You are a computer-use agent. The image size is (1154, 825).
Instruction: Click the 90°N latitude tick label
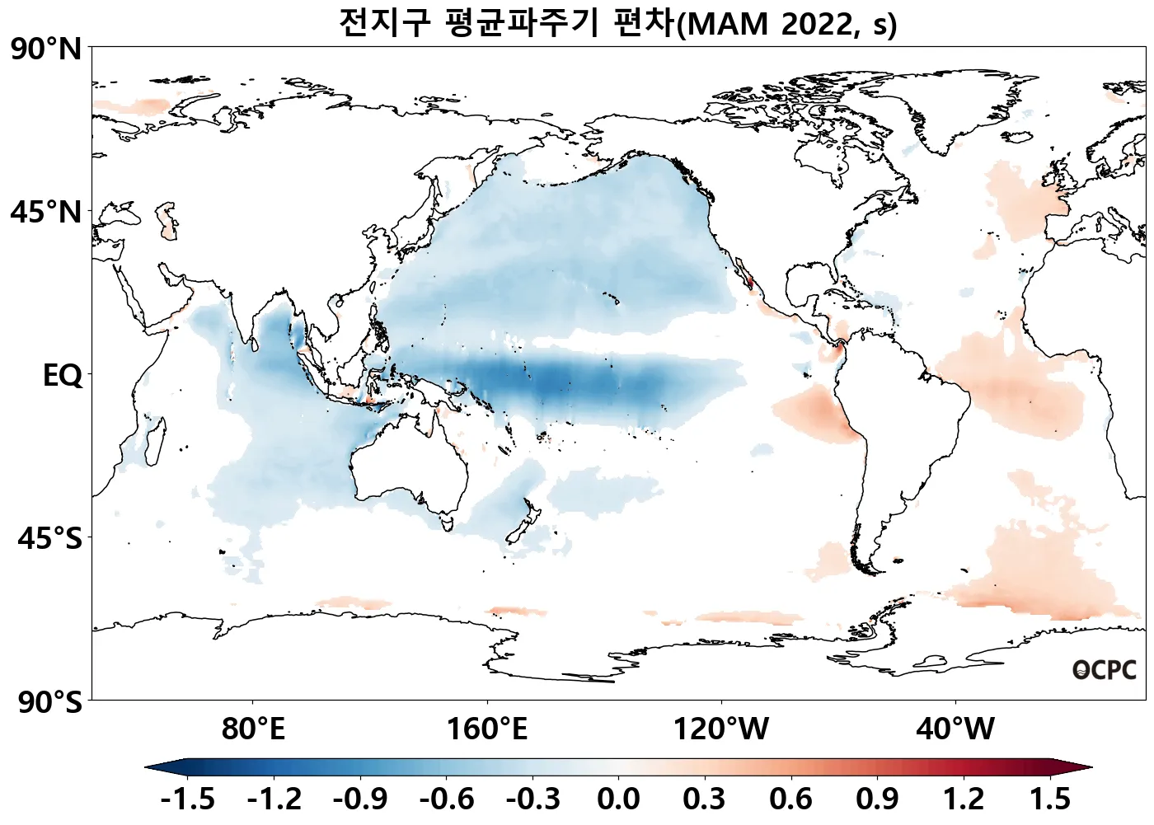click(47, 49)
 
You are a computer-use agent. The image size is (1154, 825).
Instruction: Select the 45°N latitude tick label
click(47, 213)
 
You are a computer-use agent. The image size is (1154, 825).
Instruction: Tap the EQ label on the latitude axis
click(63, 376)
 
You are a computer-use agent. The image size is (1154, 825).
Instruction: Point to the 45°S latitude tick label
click(50, 539)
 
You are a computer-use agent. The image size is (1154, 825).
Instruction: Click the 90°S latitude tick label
click(50, 703)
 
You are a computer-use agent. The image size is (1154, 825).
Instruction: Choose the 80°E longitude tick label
click(253, 729)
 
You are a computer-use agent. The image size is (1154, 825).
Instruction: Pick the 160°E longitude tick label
click(487, 729)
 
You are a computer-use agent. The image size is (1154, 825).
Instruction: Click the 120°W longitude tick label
click(721, 729)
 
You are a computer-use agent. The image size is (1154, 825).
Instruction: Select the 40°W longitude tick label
click(955, 729)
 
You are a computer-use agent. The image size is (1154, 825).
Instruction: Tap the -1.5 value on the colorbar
click(187, 799)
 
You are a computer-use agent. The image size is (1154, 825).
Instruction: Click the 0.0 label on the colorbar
click(618, 799)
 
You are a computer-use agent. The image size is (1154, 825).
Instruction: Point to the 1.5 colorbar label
click(1049, 799)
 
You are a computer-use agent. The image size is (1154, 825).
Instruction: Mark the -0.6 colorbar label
click(446, 799)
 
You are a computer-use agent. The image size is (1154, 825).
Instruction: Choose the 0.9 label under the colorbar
click(877, 799)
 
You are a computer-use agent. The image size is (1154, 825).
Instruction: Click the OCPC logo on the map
click(1104, 671)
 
